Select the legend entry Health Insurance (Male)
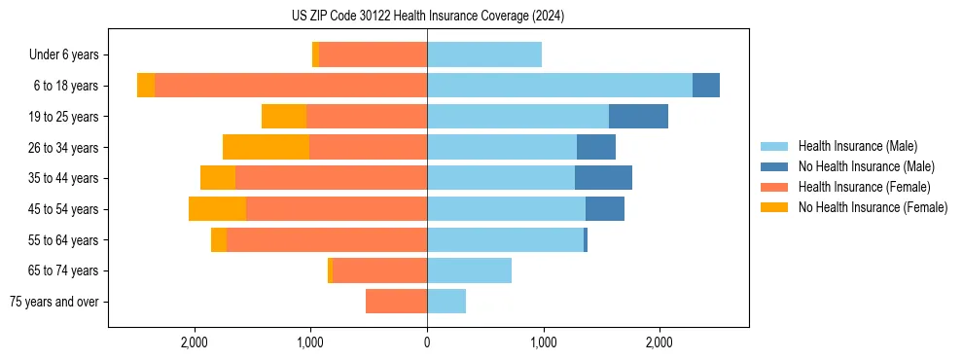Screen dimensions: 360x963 coord(856,146)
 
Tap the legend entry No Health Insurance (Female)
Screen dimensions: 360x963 coord(873,207)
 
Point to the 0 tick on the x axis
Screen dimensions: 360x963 coord(427,342)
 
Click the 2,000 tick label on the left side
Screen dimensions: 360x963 coord(195,342)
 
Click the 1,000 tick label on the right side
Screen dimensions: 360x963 coord(543,342)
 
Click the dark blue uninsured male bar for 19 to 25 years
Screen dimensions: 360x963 coord(638,117)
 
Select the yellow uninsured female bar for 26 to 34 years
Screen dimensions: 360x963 coord(266,147)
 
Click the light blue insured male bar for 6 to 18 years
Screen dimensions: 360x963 coord(559,86)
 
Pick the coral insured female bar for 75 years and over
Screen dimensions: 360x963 coord(396,302)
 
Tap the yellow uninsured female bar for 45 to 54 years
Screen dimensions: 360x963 coord(217,209)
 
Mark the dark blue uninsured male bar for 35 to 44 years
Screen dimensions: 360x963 coord(603,178)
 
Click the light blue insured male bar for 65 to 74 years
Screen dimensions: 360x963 coord(469,270)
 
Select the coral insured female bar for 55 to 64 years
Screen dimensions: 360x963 coord(327,239)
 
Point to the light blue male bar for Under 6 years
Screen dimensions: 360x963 coord(484,55)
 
